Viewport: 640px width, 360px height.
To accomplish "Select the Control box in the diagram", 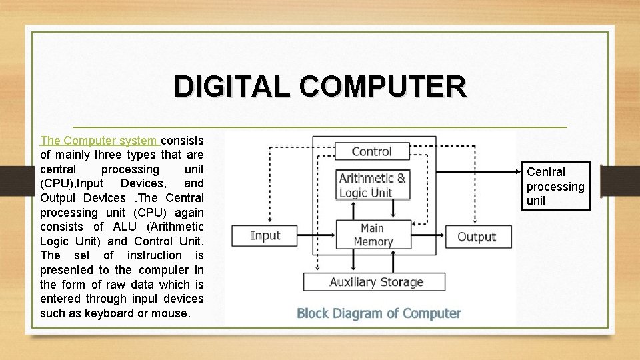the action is click(x=371, y=151).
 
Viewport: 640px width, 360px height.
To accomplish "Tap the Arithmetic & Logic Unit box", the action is click(x=372, y=185).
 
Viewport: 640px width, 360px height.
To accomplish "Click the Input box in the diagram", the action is click(x=265, y=235).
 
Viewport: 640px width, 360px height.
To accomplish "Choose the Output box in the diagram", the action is click(x=476, y=237).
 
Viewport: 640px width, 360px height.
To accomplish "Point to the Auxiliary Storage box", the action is click(x=376, y=282).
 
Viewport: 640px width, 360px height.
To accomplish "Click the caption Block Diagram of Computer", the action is click(x=379, y=313).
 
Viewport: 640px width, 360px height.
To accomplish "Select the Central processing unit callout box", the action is click(x=555, y=186).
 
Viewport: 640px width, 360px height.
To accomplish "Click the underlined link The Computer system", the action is click(x=99, y=141).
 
